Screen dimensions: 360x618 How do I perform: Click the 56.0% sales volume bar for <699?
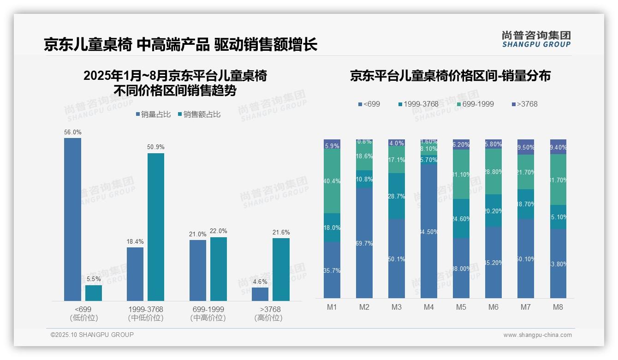click(x=72, y=219)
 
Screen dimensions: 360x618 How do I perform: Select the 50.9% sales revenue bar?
click(x=156, y=227)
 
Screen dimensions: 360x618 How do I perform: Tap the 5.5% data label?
click(x=93, y=279)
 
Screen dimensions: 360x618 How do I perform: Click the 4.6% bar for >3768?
click(x=260, y=294)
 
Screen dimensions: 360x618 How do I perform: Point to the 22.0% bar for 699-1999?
click(x=219, y=269)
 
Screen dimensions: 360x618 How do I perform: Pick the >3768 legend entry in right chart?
click(x=524, y=104)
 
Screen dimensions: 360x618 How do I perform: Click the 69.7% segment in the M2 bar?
click(x=364, y=243)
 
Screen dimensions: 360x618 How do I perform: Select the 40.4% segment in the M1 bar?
click(x=332, y=181)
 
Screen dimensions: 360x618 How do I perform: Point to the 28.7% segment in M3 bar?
click(x=397, y=196)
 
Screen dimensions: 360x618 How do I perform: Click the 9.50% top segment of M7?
click(x=526, y=147)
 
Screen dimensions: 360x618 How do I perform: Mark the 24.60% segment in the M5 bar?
click(x=461, y=219)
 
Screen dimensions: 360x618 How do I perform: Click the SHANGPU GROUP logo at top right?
click(x=536, y=39)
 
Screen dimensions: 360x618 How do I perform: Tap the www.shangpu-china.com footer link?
click(x=537, y=335)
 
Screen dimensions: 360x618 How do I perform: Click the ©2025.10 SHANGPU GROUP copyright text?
click(x=92, y=335)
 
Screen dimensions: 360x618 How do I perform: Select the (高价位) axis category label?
click(x=268, y=318)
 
